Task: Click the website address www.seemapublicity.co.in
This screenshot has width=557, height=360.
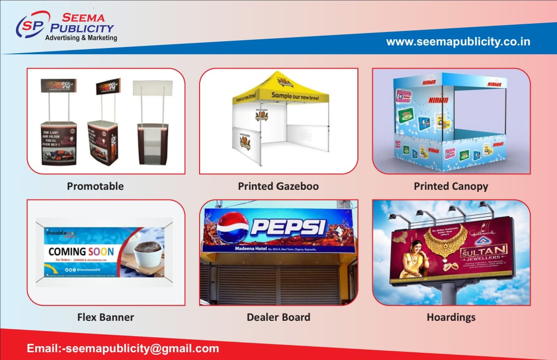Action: click(x=458, y=42)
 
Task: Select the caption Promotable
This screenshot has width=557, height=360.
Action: click(x=95, y=186)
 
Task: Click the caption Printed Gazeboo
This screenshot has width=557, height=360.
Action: click(x=278, y=186)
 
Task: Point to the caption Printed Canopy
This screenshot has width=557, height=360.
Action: click(x=451, y=186)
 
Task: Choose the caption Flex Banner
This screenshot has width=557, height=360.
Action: click(x=105, y=317)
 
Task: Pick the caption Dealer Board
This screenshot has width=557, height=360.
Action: click(x=278, y=317)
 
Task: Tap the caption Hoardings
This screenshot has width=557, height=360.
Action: click(x=451, y=317)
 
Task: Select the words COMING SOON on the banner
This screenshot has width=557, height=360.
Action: click(x=81, y=252)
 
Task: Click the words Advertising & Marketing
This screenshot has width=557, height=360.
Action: click(x=81, y=38)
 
